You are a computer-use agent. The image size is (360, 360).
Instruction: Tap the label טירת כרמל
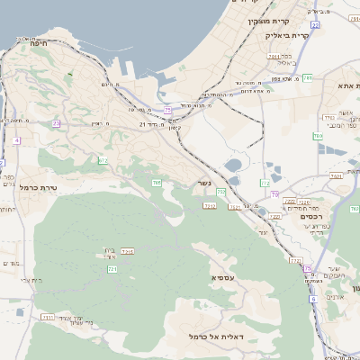tap(38, 191)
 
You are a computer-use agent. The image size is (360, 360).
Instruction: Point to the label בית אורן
tap(106, 253)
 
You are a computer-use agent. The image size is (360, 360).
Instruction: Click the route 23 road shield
tap(56, 123)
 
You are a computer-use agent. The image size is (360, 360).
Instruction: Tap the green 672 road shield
tap(103, 160)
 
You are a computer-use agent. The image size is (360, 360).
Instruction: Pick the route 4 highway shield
tap(16, 141)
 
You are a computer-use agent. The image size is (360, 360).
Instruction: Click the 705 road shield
tap(157, 184)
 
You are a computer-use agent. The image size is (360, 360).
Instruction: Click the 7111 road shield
tap(48, 318)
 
